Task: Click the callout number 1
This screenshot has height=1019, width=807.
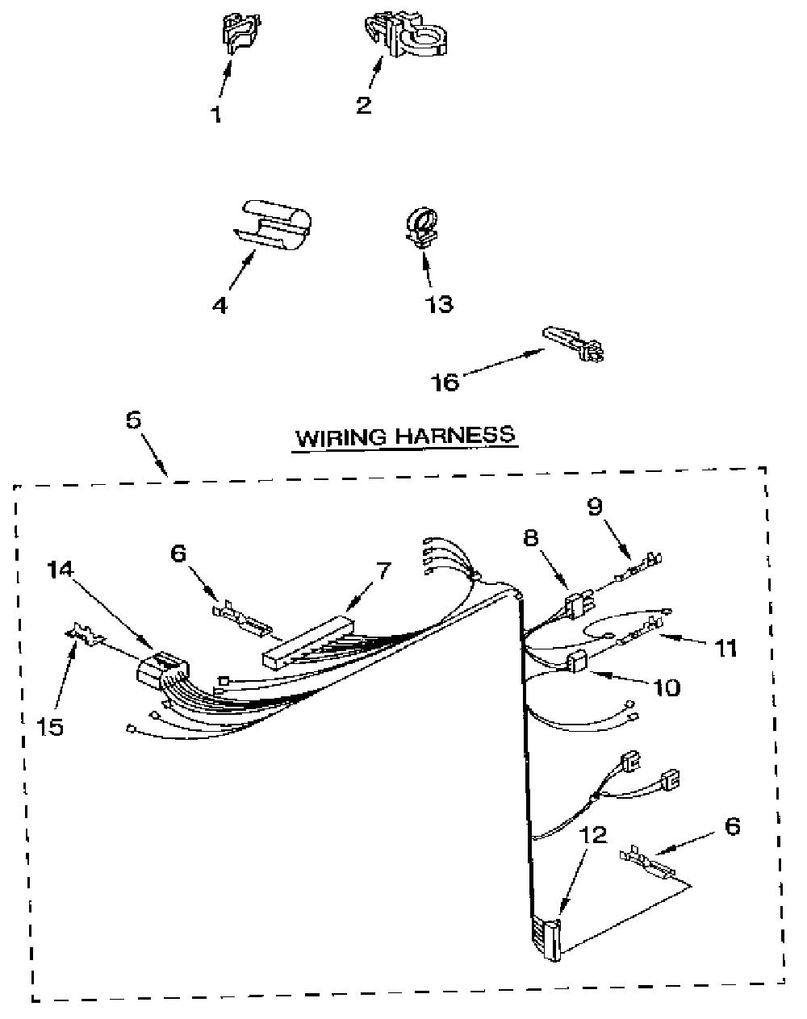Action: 216,114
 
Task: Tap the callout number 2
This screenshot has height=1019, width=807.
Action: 364,105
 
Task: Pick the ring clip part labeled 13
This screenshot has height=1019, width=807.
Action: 422,227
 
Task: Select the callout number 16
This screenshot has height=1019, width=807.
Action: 445,382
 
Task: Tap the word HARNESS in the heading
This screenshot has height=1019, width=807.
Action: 454,434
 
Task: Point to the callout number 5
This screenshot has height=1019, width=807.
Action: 133,420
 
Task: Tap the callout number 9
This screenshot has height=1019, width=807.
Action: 595,507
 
